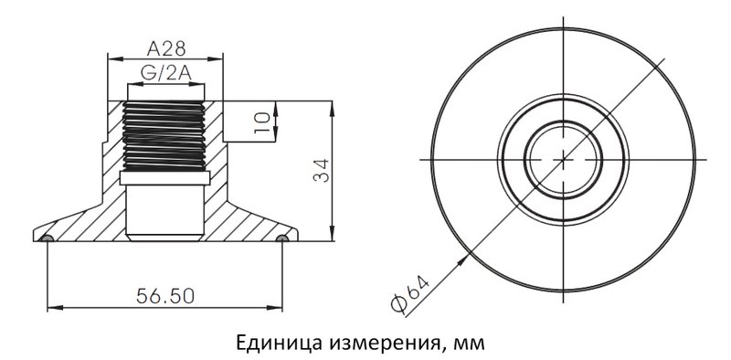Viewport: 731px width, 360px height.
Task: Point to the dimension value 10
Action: coord(262,121)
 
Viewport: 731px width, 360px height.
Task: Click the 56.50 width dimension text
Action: coord(165,295)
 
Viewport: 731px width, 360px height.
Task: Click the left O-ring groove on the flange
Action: coord(48,238)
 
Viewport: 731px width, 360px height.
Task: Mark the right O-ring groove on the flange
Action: coord(282,238)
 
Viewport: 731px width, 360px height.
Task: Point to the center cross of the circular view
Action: coord(564,159)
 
